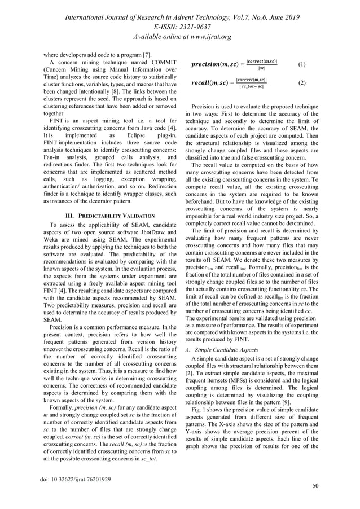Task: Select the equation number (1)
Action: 302,65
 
